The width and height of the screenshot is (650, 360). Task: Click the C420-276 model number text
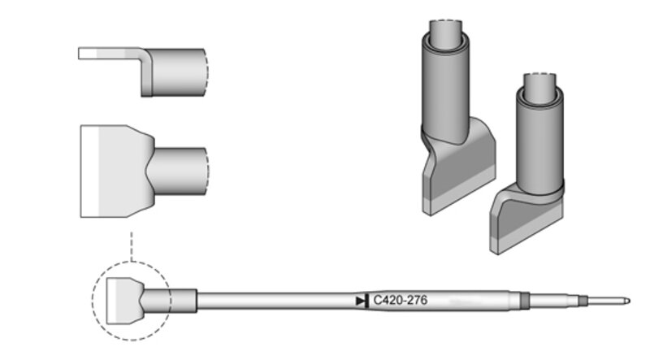click(x=400, y=300)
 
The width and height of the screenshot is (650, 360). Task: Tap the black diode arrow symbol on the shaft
click(x=362, y=301)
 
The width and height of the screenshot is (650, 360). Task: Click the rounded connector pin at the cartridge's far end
click(x=609, y=301)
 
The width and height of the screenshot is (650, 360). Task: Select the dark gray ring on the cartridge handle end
click(x=525, y=301)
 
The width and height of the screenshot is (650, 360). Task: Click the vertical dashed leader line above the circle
click(x=132, y=246)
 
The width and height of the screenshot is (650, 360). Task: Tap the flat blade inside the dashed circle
click(x=124, y=301)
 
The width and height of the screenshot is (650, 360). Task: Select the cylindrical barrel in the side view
click(x=177, y=72)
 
